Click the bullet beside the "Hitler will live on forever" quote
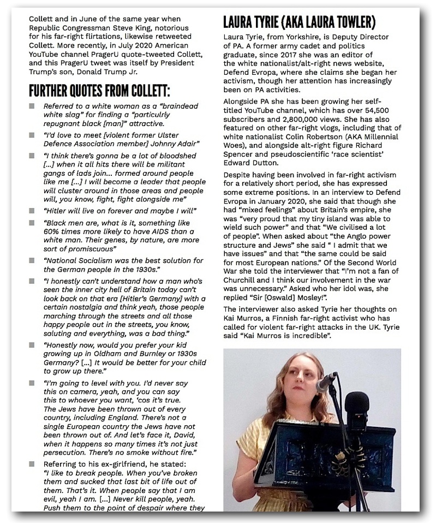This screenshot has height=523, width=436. (32, 210)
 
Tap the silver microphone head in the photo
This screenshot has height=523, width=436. (326, 382)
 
